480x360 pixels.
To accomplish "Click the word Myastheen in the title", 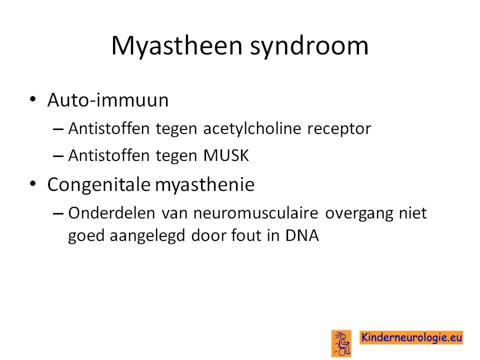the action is (x=177, y=46).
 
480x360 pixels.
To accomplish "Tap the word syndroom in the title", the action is (x=309, y=46).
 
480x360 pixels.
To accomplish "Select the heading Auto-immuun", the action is (x=108, y=100).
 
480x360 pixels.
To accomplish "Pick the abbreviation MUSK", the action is (x=226, y=155).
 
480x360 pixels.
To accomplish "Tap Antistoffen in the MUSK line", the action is (x=108, y=155).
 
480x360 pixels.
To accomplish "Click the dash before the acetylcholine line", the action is (x=58, y=129).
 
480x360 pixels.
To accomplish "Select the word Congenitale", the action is (x=99, y=184).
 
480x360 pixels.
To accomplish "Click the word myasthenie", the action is (x=205, y=185).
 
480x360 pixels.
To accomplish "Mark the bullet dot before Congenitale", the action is (x=33, y=183).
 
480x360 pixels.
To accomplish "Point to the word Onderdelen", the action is (x=111, y=213).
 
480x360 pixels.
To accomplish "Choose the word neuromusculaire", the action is (x=256, y=213).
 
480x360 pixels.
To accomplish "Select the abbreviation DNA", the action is (x=302, y=235).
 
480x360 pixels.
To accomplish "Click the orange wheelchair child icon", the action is (x=341, y=343).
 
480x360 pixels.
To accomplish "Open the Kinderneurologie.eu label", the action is (x=411, y=337).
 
